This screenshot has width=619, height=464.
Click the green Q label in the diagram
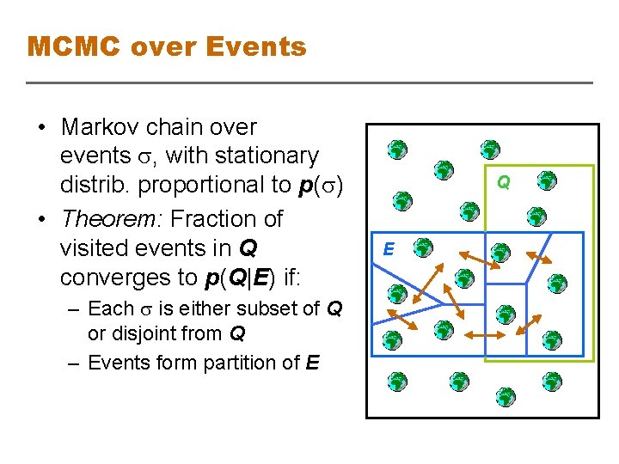(504, 182)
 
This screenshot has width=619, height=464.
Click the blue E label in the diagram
(389, 249)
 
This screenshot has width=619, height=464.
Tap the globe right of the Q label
(547, 180)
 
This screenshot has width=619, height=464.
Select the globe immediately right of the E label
(422, 249)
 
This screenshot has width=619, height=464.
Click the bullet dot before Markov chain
(41, 128)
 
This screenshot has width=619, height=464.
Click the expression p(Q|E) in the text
(236, 277)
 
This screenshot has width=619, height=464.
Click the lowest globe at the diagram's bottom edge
(505, 397)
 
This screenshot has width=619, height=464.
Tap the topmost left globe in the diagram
(395, 150)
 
